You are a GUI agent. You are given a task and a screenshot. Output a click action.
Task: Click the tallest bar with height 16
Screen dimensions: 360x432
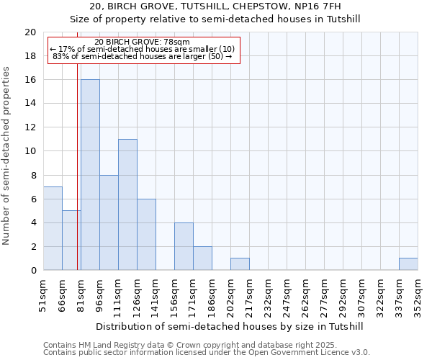pyautogui.click(x=90, y=175)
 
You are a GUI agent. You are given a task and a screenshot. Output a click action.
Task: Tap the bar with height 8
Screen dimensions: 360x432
pyautogui.click(x=109, y=222)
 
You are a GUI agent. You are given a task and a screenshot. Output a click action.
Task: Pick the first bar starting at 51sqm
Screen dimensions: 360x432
pyautogui.click(x=53, y=228)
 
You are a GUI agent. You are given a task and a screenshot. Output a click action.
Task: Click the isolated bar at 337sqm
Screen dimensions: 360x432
pyautogui.click(x=408, y=264)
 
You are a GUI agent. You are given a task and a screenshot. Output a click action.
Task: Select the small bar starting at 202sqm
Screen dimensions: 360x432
pyautogui.click(x=240, y=264)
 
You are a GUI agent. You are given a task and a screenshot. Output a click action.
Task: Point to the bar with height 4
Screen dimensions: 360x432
pyautogui.click(x=184, y=246)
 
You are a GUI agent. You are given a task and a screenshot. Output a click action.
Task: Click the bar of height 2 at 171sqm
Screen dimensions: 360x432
pyautogui.click(x=202, y=258)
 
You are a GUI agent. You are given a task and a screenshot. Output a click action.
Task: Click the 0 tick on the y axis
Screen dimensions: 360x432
pyautogui.click(x=33, y=271)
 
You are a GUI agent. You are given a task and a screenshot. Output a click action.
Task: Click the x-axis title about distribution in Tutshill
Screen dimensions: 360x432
pyautogui.click(x=230, y=326)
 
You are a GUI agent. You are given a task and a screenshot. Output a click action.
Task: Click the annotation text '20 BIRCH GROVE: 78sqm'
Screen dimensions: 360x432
pyautogui.click(x=142, y=42)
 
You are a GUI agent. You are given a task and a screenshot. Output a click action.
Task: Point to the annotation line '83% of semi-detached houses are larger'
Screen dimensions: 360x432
pyautogui.click(x=142, y=56)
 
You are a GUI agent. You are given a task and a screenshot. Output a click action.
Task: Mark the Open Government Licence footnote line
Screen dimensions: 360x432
pyautogui.click(x=207, y=353)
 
